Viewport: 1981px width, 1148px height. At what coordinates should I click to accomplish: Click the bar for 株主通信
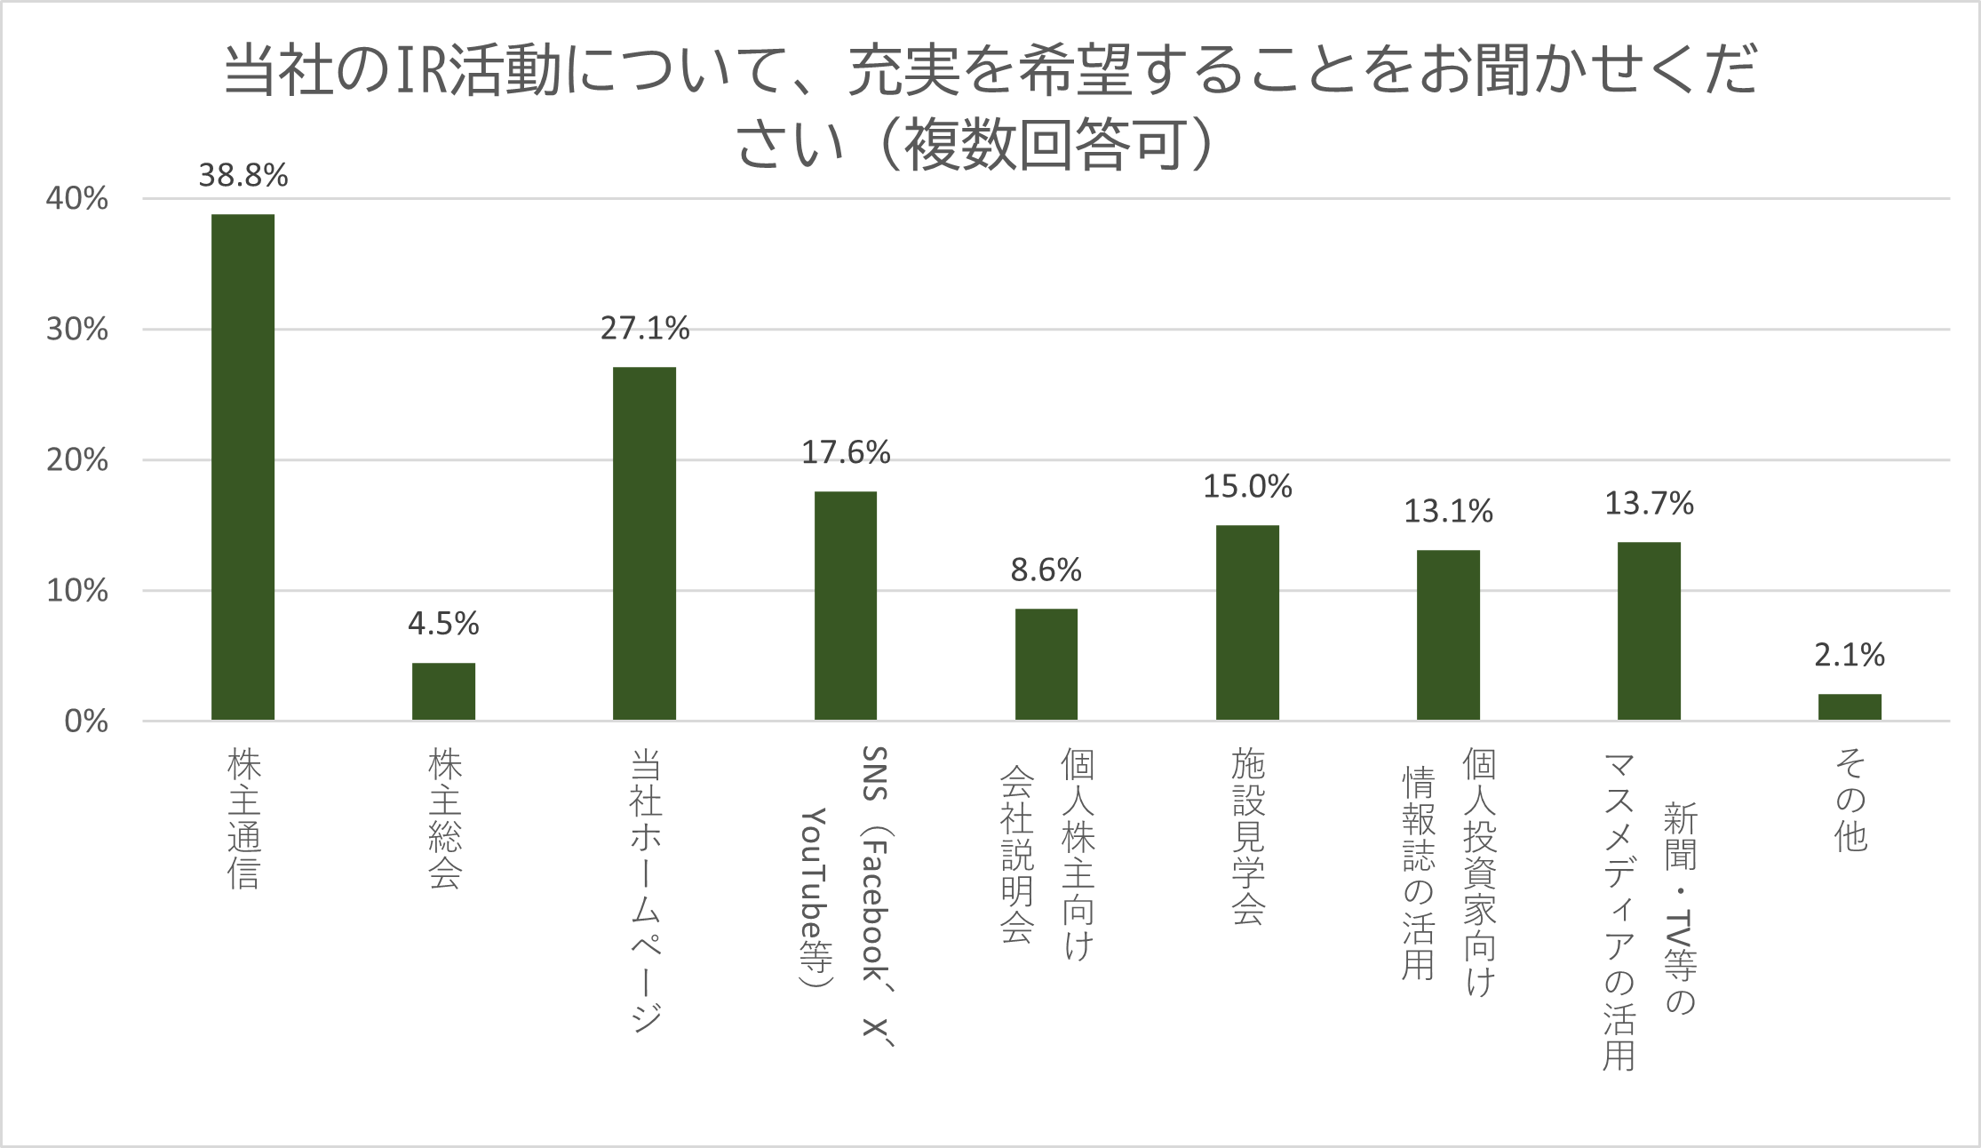coord(243,466)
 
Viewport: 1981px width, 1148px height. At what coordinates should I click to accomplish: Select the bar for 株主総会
coord(443,691)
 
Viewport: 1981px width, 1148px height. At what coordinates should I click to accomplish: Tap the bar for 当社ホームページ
coord(644,543)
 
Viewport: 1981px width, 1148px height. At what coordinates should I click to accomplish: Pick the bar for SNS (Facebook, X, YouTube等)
coord(845,605)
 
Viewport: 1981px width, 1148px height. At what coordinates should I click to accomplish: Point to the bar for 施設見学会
coord(1247,622)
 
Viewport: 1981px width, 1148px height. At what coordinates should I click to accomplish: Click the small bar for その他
coord(1850,707)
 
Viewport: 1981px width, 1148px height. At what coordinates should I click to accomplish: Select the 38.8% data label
coord(243,175)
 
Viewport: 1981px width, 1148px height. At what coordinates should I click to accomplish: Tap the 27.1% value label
coord(644,329)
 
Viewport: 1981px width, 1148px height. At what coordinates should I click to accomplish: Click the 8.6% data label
coord(1046,570)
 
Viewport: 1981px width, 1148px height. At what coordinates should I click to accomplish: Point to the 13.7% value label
coord(1649,504)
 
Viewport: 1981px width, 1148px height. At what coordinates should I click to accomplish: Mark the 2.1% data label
coord(1850,655)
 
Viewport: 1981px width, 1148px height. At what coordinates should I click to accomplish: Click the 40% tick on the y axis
coord(77,198)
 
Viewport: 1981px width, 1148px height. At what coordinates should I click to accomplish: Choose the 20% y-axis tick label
coord(77,460)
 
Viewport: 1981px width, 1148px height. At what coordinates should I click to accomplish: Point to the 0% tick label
coord(86,721)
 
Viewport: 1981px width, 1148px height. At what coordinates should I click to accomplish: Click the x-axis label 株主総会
coord(444,818)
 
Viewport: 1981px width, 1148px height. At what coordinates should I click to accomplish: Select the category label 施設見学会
coord(1247,836)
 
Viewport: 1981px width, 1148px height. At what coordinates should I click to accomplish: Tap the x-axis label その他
coord(1850,800)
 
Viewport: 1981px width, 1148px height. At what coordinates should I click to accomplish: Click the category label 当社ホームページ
coord(646,889)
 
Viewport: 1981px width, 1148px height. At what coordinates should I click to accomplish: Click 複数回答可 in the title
coord(1044,145)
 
